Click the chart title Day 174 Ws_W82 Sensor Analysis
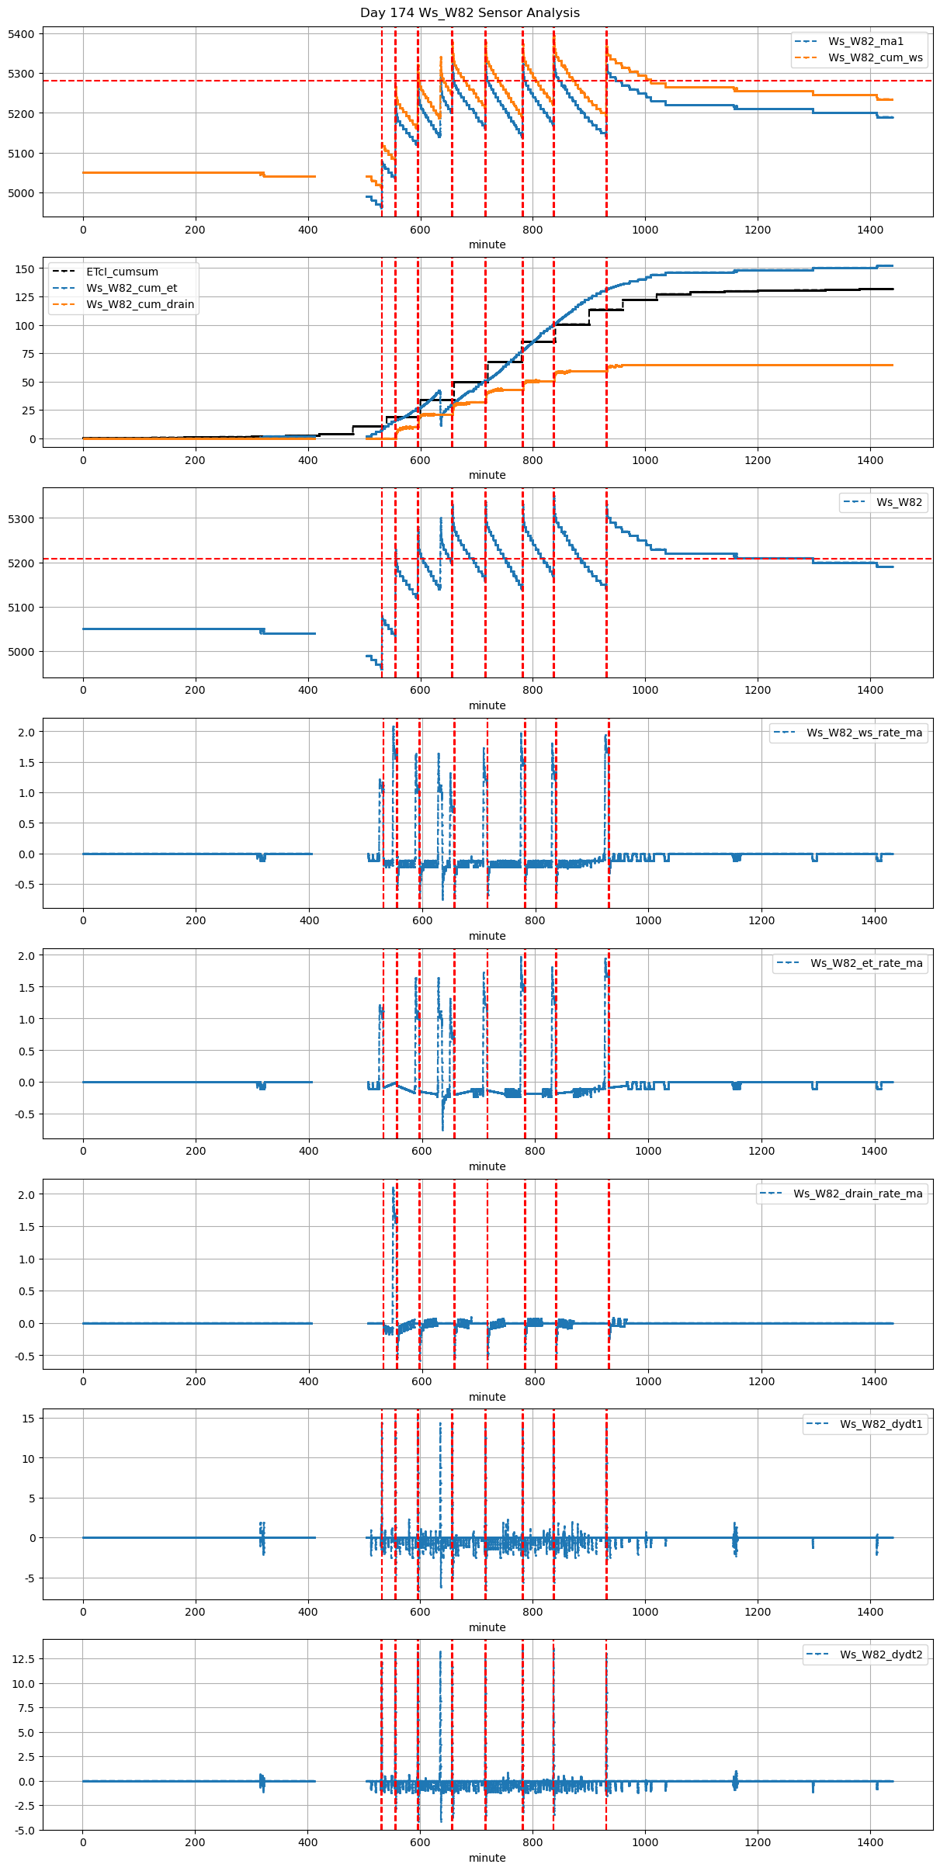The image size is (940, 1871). (470, 13)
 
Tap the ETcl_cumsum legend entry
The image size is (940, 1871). (122, 272)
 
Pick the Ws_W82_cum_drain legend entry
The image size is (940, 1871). (140, 305)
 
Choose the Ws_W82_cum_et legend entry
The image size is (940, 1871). (131, 289)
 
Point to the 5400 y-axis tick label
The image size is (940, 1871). (22, 34)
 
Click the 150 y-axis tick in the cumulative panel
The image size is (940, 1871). (26, 269)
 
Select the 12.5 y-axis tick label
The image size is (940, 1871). (23, 1659)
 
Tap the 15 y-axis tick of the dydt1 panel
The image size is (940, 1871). (29, 1419)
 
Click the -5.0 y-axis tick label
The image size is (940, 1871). (23, 1831)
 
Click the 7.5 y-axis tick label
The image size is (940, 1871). (26, 1708)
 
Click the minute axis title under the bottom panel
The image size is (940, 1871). (487, 1859)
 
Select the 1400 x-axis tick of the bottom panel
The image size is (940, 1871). (870, 1843)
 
